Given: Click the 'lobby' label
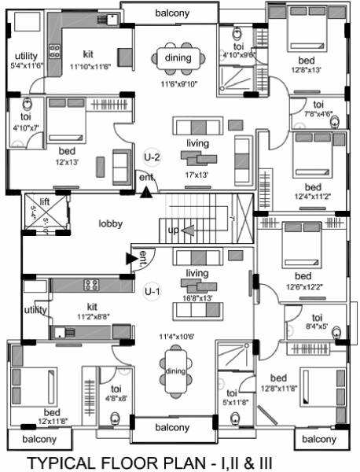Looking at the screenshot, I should [x=110, y=223].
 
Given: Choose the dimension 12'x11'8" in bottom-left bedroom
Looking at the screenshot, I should [x=52, y=422].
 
